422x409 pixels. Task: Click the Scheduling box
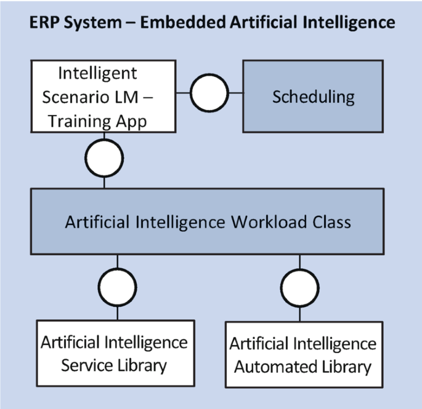[x=312, y=97]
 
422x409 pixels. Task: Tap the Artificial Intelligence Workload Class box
[x=208, y=221]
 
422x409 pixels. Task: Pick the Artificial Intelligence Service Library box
[x=115, y=353]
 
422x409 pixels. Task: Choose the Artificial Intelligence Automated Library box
[x=300, y=354]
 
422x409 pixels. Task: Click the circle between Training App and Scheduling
[x=209, y=94]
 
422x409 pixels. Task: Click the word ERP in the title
[x=46, y=23]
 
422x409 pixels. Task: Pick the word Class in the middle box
[x=331, y=221]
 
